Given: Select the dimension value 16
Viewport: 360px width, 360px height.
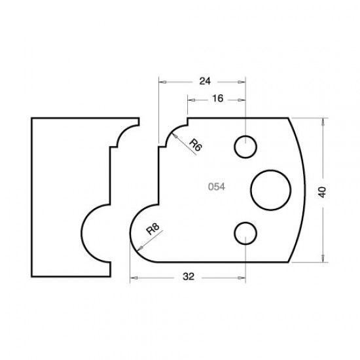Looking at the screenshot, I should tap(217, 99).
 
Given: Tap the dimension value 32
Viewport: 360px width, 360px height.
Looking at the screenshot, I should tap(189, 278).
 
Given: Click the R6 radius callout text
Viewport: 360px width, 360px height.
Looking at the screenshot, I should tap(195, 145).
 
